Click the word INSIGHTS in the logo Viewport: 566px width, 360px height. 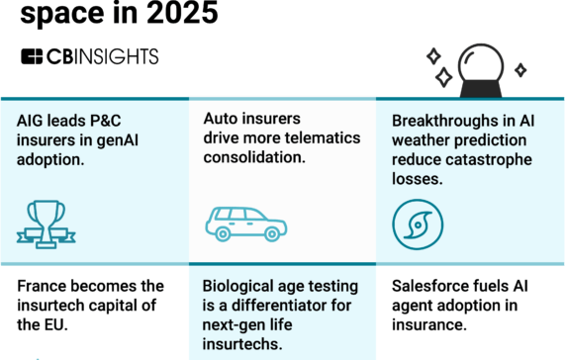click(115, 56)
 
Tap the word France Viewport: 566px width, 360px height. click(45, 286)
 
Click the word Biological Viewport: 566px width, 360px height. click(243, 286)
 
